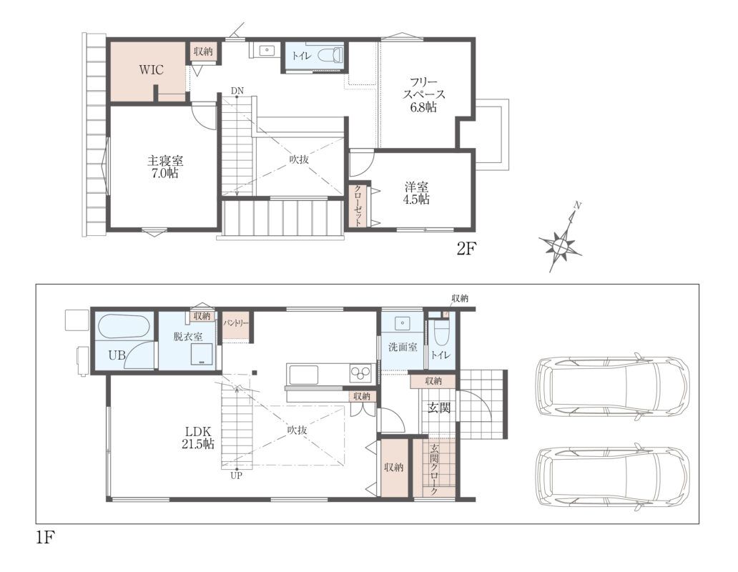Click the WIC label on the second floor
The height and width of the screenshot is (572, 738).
151,70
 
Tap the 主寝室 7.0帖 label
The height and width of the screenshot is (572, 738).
164,167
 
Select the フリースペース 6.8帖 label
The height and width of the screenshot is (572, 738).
423,94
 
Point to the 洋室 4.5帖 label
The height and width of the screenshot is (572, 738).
416,193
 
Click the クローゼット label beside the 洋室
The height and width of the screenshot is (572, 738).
358,205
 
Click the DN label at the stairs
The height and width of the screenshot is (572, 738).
237,90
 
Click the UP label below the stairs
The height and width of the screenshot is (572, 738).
236,475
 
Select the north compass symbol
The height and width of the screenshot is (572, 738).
561,237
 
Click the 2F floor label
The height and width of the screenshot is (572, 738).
467,249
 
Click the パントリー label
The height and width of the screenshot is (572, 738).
235,324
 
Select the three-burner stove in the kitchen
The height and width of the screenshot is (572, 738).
361,374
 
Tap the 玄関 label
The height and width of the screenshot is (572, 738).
438,408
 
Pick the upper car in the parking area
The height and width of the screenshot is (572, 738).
612,386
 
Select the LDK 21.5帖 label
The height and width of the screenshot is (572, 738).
198,437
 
